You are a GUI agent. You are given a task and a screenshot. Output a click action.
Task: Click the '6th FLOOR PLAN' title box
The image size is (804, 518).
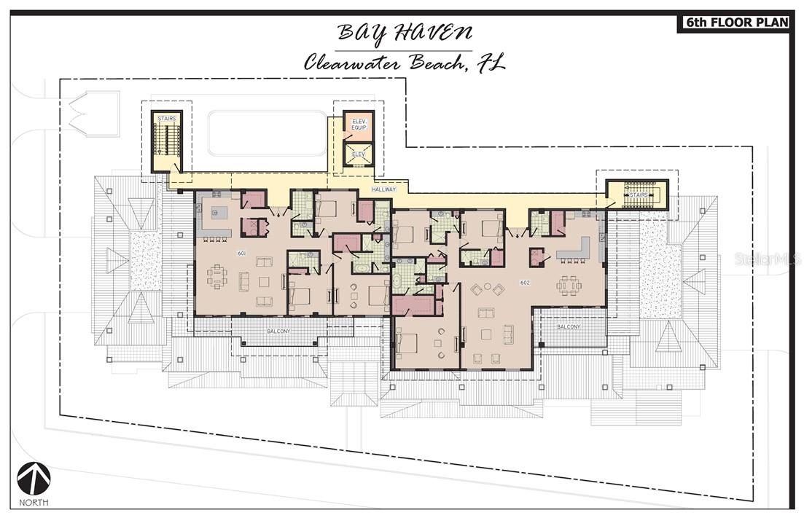point(735,23)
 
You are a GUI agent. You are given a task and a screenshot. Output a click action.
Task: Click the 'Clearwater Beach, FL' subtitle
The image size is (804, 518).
point(405,62)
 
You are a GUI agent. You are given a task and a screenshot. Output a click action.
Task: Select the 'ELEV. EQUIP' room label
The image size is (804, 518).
point(358,124)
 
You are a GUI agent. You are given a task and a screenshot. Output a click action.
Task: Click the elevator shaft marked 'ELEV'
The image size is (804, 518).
point(358,154)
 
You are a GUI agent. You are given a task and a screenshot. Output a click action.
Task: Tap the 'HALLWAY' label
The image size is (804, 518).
point(383,189)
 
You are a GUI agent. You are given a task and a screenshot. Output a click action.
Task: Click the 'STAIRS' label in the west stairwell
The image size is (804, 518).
point(166,119)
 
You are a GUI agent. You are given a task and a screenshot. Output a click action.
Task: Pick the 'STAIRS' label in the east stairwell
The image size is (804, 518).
point(639,195)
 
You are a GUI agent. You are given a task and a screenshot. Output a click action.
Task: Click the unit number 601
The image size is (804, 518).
point(241,253)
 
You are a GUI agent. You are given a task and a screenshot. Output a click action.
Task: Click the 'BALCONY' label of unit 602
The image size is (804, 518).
point(568,326)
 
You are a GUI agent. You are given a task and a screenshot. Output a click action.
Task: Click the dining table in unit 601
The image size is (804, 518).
point(217,277)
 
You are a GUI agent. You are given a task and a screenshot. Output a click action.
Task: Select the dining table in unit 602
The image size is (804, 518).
point(569,284)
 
